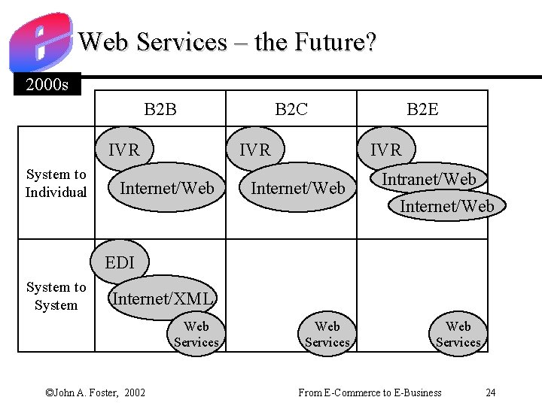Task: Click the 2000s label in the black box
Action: click(47, 84)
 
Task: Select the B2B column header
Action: click(160, 109)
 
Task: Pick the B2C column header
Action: click(291, 109)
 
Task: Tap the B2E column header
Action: click(422, 109)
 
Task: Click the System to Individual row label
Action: click(56, 183)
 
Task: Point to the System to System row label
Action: click(56, 296)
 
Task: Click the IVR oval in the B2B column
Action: click(124, 150)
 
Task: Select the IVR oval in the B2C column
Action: click(255, 150)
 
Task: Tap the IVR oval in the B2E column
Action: click(386, 150)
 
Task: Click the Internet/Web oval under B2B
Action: click(167, 188)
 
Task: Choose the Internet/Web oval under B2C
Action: click(298, 188)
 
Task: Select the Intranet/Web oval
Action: click(429, 179)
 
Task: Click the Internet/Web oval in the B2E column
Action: click(447, 205)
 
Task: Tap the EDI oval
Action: click(120, 262)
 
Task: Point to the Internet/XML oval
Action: click(163, 298)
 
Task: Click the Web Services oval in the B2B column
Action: click(196, 334)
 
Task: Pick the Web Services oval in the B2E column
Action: click(458, 334)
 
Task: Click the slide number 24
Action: click(491, 392)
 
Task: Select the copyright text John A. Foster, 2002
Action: click(96, 392)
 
